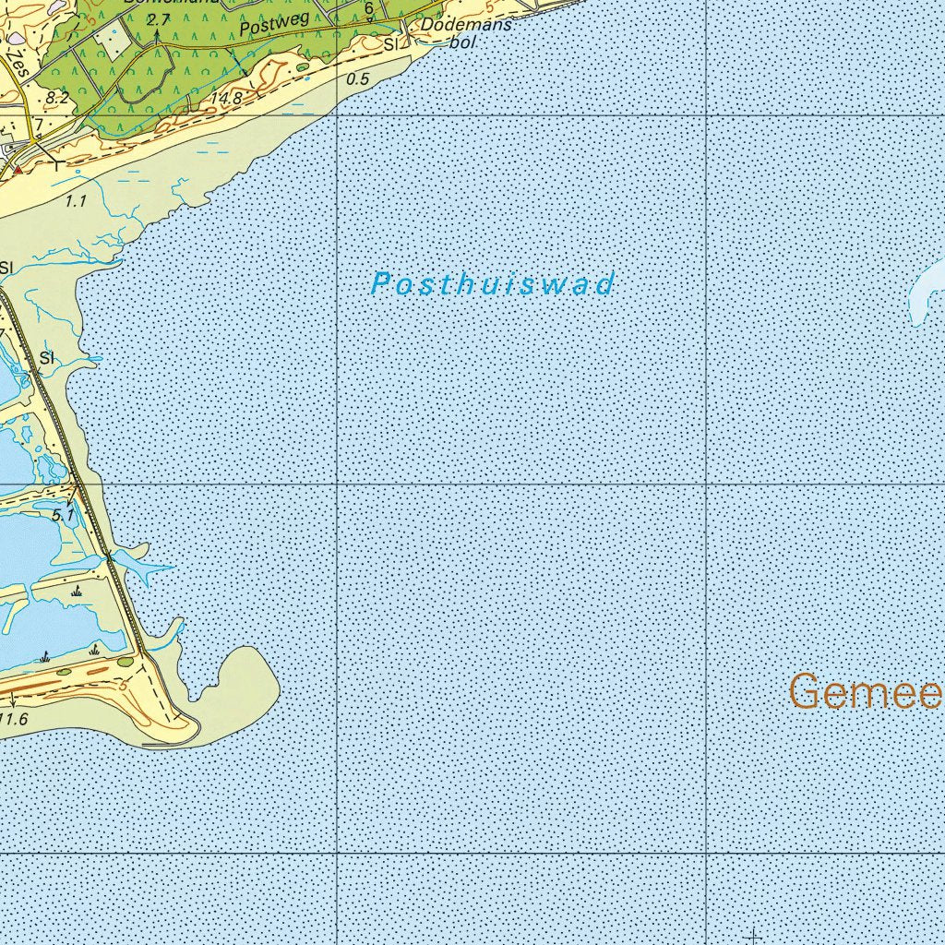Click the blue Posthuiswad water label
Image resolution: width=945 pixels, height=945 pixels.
[492, 284]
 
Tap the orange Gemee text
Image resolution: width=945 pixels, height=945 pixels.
[865, 692]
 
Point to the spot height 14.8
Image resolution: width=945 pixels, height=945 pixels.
[225, 99]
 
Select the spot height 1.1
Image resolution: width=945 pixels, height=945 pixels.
[77, 198]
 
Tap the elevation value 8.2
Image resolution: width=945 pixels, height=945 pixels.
[56, 97]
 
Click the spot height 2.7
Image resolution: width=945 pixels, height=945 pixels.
[159, 19]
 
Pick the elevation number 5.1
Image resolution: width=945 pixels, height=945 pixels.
[63, 515]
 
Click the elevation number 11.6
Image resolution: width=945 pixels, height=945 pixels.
[13, 718]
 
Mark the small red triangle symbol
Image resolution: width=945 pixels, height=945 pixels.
[17, 169]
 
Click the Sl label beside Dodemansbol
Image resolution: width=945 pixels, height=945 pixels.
[390, 43]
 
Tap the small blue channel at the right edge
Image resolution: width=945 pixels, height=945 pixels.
[926, 293]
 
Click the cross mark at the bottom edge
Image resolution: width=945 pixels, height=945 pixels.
[754, 936]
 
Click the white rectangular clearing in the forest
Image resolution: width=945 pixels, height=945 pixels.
[118, 49]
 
